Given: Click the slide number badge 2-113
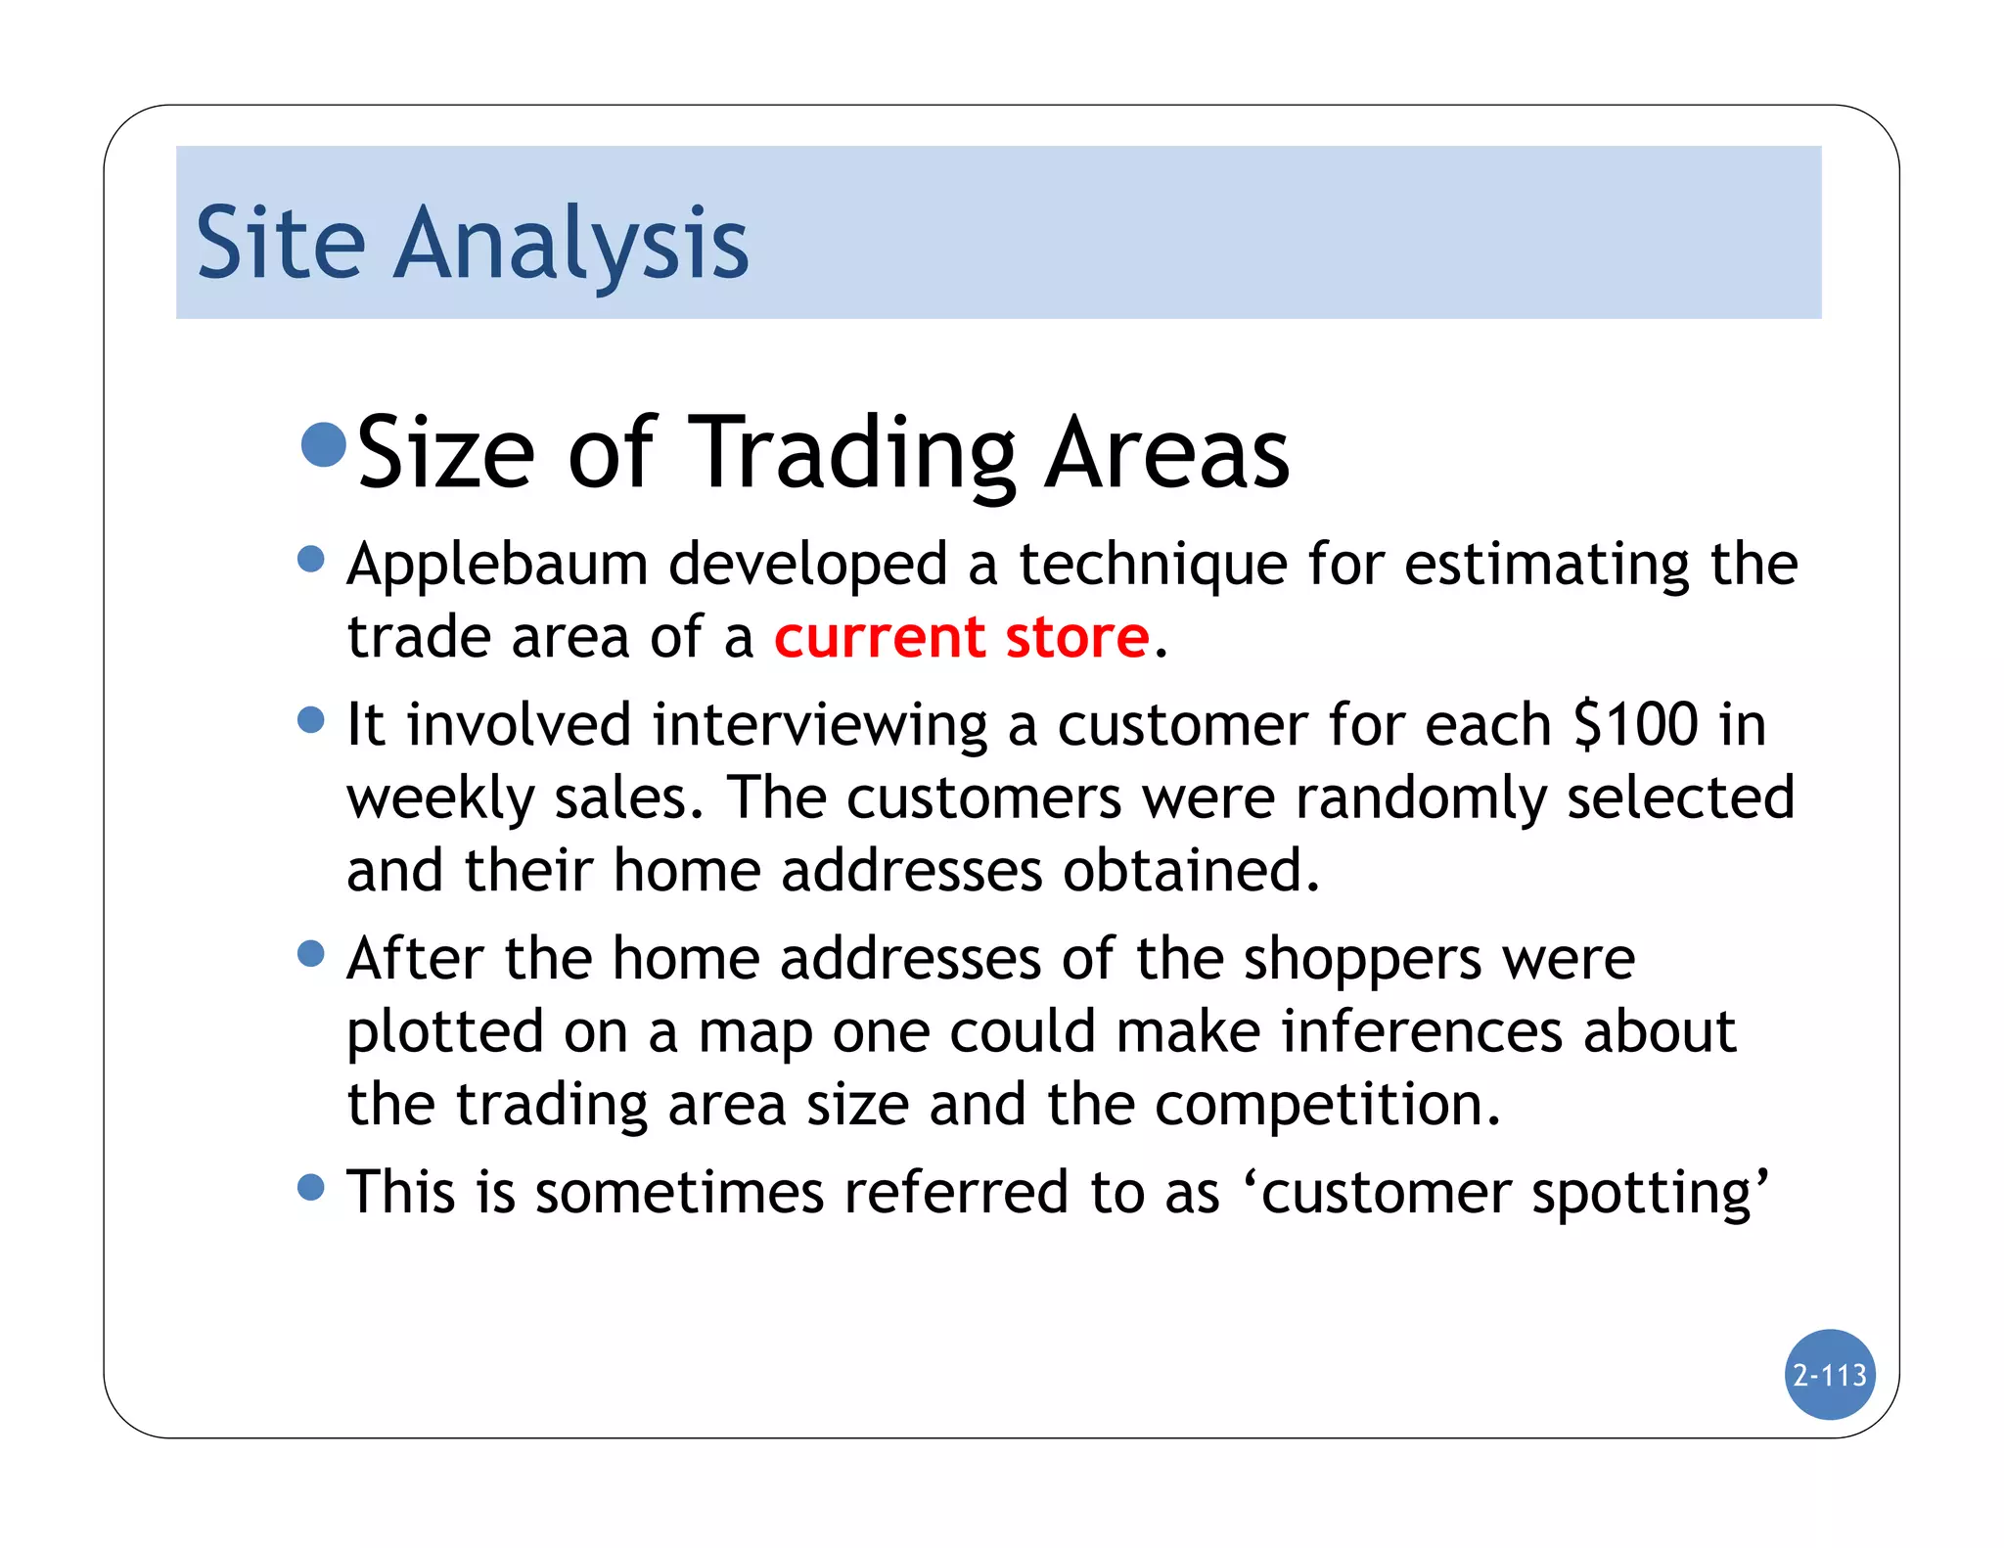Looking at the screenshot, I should [1829, 1375].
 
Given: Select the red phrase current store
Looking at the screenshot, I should [961, 637].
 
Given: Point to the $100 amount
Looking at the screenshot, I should [1635, 725].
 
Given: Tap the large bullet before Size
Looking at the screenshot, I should [324, 445].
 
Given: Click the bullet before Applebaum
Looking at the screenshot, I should [310, 560].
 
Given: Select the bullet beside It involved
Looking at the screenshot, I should [310, 720].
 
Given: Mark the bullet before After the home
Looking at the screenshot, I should [310, 953].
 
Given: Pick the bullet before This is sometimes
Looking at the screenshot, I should [310, 1188].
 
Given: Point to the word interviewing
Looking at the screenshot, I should [819, 725].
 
